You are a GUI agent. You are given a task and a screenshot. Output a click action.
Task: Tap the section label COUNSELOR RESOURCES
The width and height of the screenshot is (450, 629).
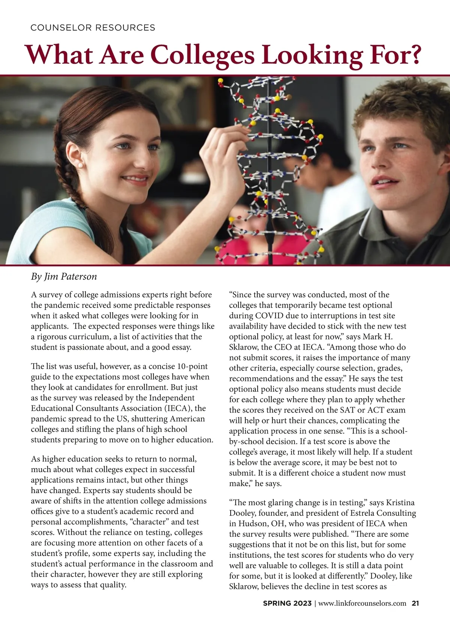[93, 28]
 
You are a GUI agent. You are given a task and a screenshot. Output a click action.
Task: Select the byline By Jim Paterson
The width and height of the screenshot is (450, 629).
[64, 277]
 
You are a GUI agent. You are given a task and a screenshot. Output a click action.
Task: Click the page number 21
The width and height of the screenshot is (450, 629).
[415, 603]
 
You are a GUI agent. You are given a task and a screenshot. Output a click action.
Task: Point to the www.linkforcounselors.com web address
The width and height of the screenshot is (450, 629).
[362, 603]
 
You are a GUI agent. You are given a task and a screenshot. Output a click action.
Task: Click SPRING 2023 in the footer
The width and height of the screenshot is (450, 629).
[287, 603]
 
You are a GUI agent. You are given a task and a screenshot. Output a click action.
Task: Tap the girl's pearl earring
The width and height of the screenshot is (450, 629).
[79, 165]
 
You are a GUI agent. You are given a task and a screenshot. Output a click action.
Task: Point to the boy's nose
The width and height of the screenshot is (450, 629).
[382, 165]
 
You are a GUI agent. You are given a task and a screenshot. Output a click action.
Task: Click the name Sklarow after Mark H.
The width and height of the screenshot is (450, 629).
[244, 347]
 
